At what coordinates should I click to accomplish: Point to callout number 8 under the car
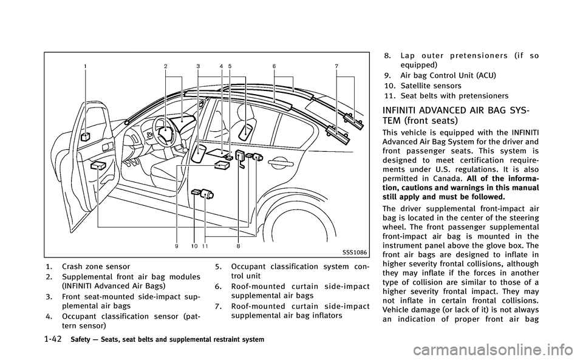tap(239, 245)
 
